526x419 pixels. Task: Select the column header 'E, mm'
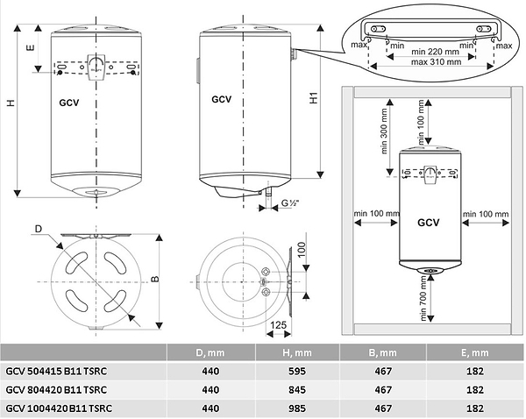478,352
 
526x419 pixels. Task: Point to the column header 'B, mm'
388,352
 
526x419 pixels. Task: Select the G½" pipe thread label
291,204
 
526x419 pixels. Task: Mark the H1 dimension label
314,99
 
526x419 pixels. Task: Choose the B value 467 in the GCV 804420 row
388,389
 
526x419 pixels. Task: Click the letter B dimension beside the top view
154,280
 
